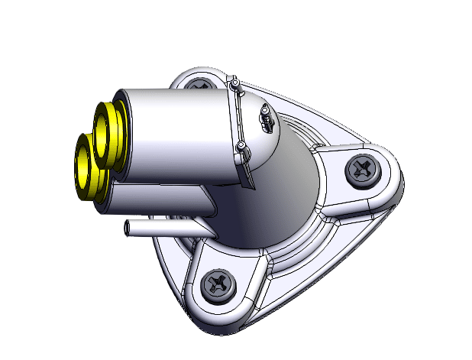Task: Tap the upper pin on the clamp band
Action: click(236, 83)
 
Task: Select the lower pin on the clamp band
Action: click(241, 146)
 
